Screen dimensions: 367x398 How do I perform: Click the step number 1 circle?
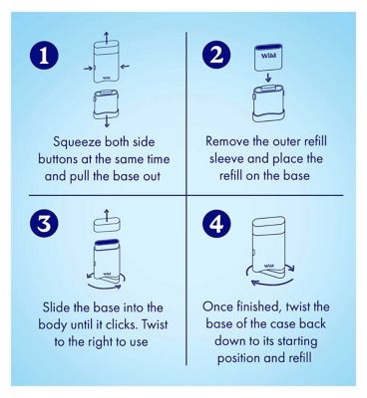(44, 55)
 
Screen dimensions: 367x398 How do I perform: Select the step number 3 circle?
(44, 224)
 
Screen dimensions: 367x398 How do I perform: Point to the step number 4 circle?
(217, 224)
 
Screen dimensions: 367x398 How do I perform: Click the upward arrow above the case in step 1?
(106, 38)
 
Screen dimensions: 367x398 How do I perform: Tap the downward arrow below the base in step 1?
(107, 121)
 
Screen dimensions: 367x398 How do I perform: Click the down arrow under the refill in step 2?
(268, 78)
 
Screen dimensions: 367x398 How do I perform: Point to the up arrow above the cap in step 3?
(107, 215)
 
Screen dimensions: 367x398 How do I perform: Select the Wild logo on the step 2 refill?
(268, 56)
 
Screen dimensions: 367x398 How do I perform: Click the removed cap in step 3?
(107, 225)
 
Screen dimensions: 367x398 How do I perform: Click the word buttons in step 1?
(58, 159)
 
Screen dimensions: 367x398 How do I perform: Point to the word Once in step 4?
(217, 306)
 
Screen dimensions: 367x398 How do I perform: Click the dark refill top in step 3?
(107, 243)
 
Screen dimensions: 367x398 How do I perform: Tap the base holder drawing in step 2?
(268, 103)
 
